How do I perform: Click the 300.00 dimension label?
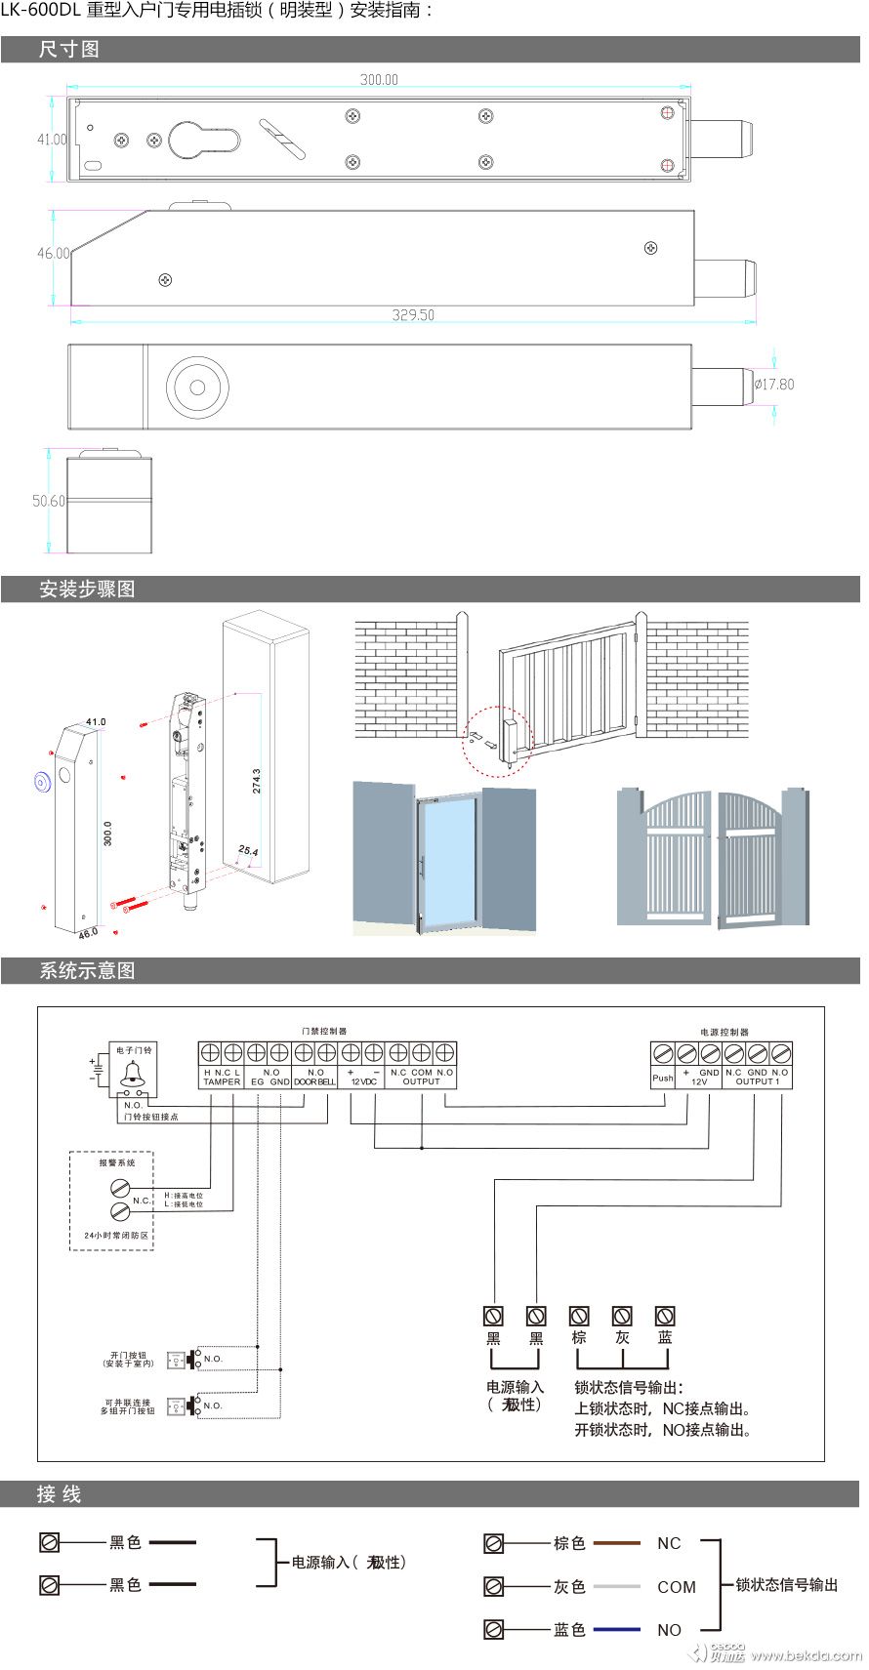[379, 80]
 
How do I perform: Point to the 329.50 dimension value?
[413, 315]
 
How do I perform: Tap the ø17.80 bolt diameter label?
[774, 385]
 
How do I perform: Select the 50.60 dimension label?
[48, 501]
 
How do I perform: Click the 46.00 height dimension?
[53, 254]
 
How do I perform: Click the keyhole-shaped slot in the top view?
[202, 141]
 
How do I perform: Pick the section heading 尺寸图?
[68, 50]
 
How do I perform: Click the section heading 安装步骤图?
[87, 590]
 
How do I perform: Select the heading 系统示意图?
[87, 971]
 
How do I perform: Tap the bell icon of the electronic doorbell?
[133, 1075]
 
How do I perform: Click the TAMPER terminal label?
[222, 1081]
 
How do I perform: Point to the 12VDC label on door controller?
[363, 1081]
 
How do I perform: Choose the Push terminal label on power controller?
[662, 1078]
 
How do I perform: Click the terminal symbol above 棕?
[579, 1316]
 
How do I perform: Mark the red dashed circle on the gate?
[496, 741]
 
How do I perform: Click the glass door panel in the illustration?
[447, 859]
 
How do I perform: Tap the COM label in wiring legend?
[677, 1587]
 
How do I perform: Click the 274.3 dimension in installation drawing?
[257, 781]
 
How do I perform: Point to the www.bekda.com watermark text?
[806, 1654]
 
